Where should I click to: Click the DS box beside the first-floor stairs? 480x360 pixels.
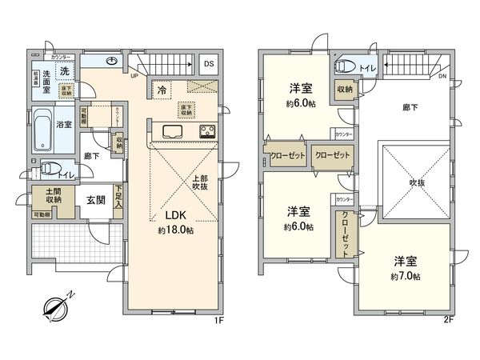[208, 64]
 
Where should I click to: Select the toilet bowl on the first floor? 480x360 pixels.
[50, 169]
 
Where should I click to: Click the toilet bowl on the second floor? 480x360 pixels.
[345, 66]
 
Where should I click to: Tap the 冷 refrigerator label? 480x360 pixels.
[162, 90]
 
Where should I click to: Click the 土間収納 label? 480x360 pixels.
[43, 199]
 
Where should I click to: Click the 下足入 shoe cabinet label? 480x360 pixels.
[119, 197]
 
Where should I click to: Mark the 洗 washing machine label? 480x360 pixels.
[66, 70]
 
